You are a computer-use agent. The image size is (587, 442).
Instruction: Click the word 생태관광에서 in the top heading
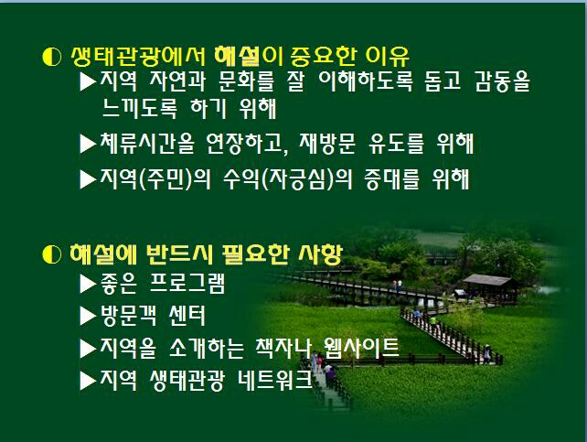click(x=138, y=57)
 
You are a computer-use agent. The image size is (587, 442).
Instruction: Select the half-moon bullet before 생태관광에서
click(x=52, y=57)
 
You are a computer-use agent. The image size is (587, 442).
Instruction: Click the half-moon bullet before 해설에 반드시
click(x=52, y=254)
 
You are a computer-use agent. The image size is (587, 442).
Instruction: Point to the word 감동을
click(x=502, y=81)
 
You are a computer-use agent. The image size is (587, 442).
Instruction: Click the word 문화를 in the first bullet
click(x=246, y=81)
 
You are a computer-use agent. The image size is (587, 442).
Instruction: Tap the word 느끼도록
click(x=139, y=109)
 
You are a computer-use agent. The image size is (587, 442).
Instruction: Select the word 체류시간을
click(x=147, y=144)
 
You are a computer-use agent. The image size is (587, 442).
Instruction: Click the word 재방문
click(x=327, y=144)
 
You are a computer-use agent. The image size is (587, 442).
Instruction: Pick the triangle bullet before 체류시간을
click(x=89, y=144)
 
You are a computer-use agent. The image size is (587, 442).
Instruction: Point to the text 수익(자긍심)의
click(x=287, y=179)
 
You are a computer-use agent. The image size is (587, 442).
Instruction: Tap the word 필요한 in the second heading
click(x=254, y=254)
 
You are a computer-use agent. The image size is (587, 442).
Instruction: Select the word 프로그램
click(x=187, y=283)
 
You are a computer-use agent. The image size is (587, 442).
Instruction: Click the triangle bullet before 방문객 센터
click(x=89, y=316)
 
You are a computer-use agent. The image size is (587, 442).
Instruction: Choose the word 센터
click(x=187, y=316)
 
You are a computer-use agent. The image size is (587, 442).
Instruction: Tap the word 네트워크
click(x=275, y=380)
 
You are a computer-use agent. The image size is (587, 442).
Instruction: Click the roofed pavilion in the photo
click(x=489, y=286)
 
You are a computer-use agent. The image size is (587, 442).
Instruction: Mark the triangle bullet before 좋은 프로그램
click(x=89, y=284)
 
